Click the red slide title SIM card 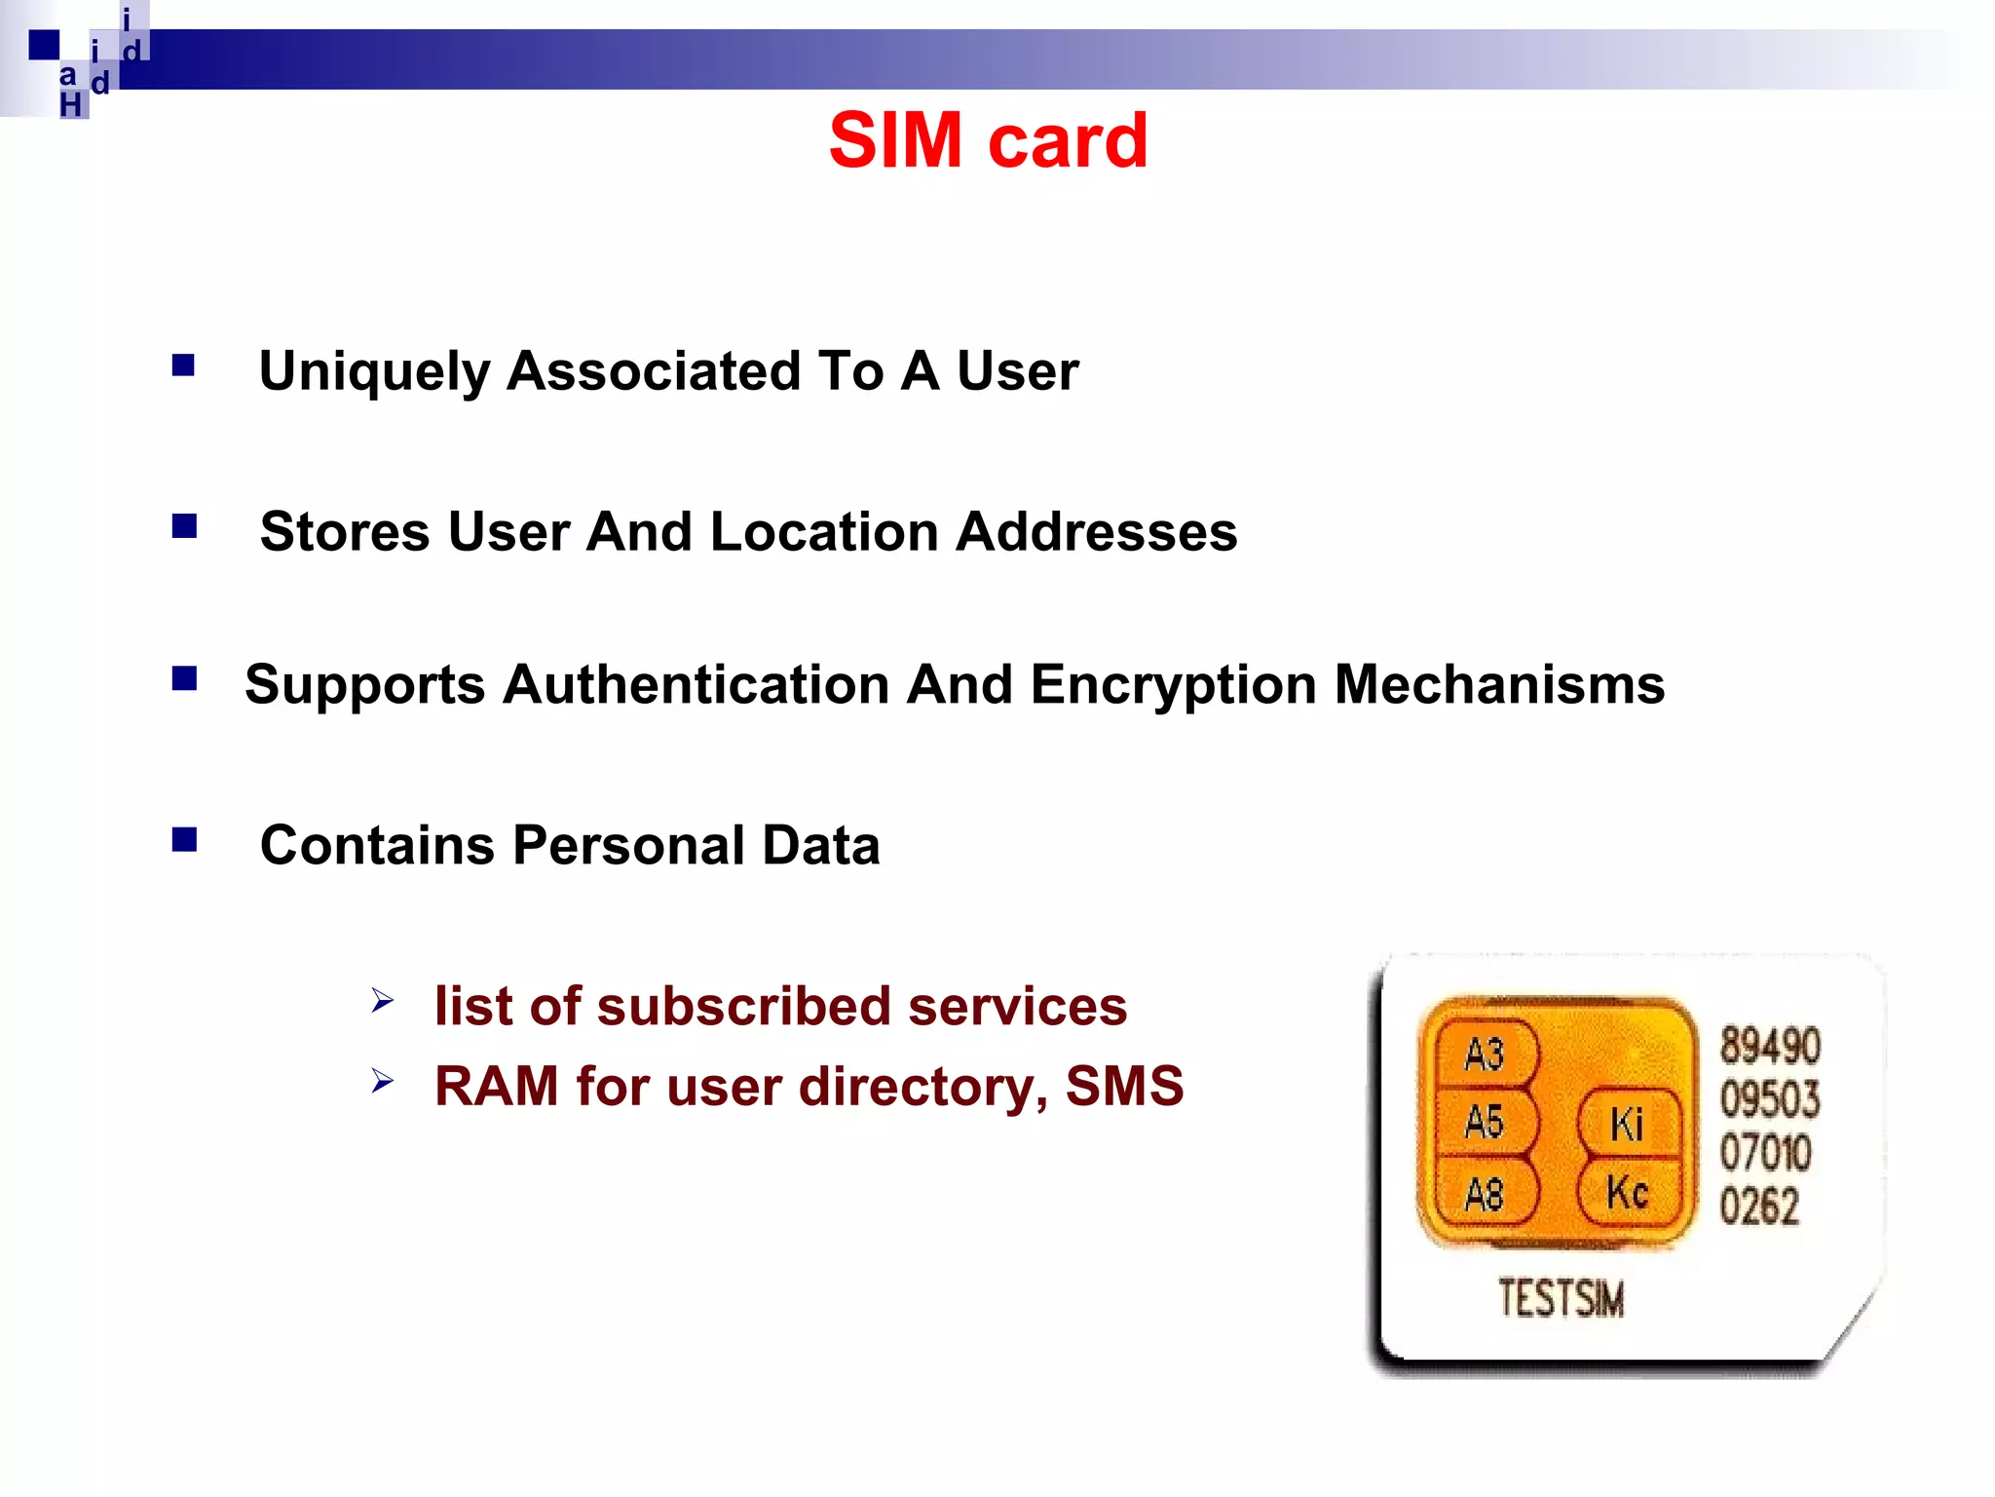tap(988, 140)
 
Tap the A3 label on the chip tap(1484, 1055)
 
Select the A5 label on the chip tap(1484, 1122)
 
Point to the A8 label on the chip tap(1484, 1194)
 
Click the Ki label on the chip tap(1627, 1125)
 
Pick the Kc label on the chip tap(1627, 1192)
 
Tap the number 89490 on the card tap(1769, 1046)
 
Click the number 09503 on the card tap(1769, 1099)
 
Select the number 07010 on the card tap(1765, 1153)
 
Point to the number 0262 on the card tap(1758, 1207)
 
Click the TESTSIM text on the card tap(1561, 1298)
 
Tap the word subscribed tap(743, 1006)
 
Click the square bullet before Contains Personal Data tap(184, 839)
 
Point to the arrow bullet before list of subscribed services tap(382, 1001)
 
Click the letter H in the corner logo tap(71, 105)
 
